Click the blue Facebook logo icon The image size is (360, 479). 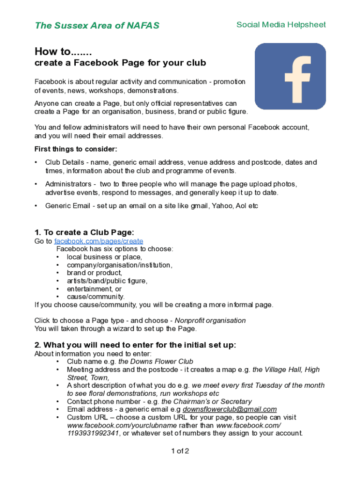point(290,76)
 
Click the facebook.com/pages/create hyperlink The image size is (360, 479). point(99,241)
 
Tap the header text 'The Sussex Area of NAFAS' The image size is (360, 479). point(97,26)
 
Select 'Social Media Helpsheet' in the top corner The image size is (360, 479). point(281,25)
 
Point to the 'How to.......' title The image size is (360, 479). point(63,51)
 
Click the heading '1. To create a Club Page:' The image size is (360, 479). point(84,232)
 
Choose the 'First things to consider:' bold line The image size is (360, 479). point(76,149)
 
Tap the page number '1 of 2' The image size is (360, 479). point(180,451)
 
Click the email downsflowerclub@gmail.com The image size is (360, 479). point(230,409)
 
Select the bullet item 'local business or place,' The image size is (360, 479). point(104,257)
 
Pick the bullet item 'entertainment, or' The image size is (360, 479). point(94,289)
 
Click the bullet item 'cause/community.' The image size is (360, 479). point(96,297)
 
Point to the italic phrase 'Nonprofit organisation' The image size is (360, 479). point(210,320)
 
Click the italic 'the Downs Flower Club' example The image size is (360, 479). point(156,362)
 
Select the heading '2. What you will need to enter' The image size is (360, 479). point(135,345)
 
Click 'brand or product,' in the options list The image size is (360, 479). point(94,273)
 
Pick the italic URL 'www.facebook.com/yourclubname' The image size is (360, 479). point(122,425)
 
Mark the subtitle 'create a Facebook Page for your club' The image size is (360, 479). point(120,63)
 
